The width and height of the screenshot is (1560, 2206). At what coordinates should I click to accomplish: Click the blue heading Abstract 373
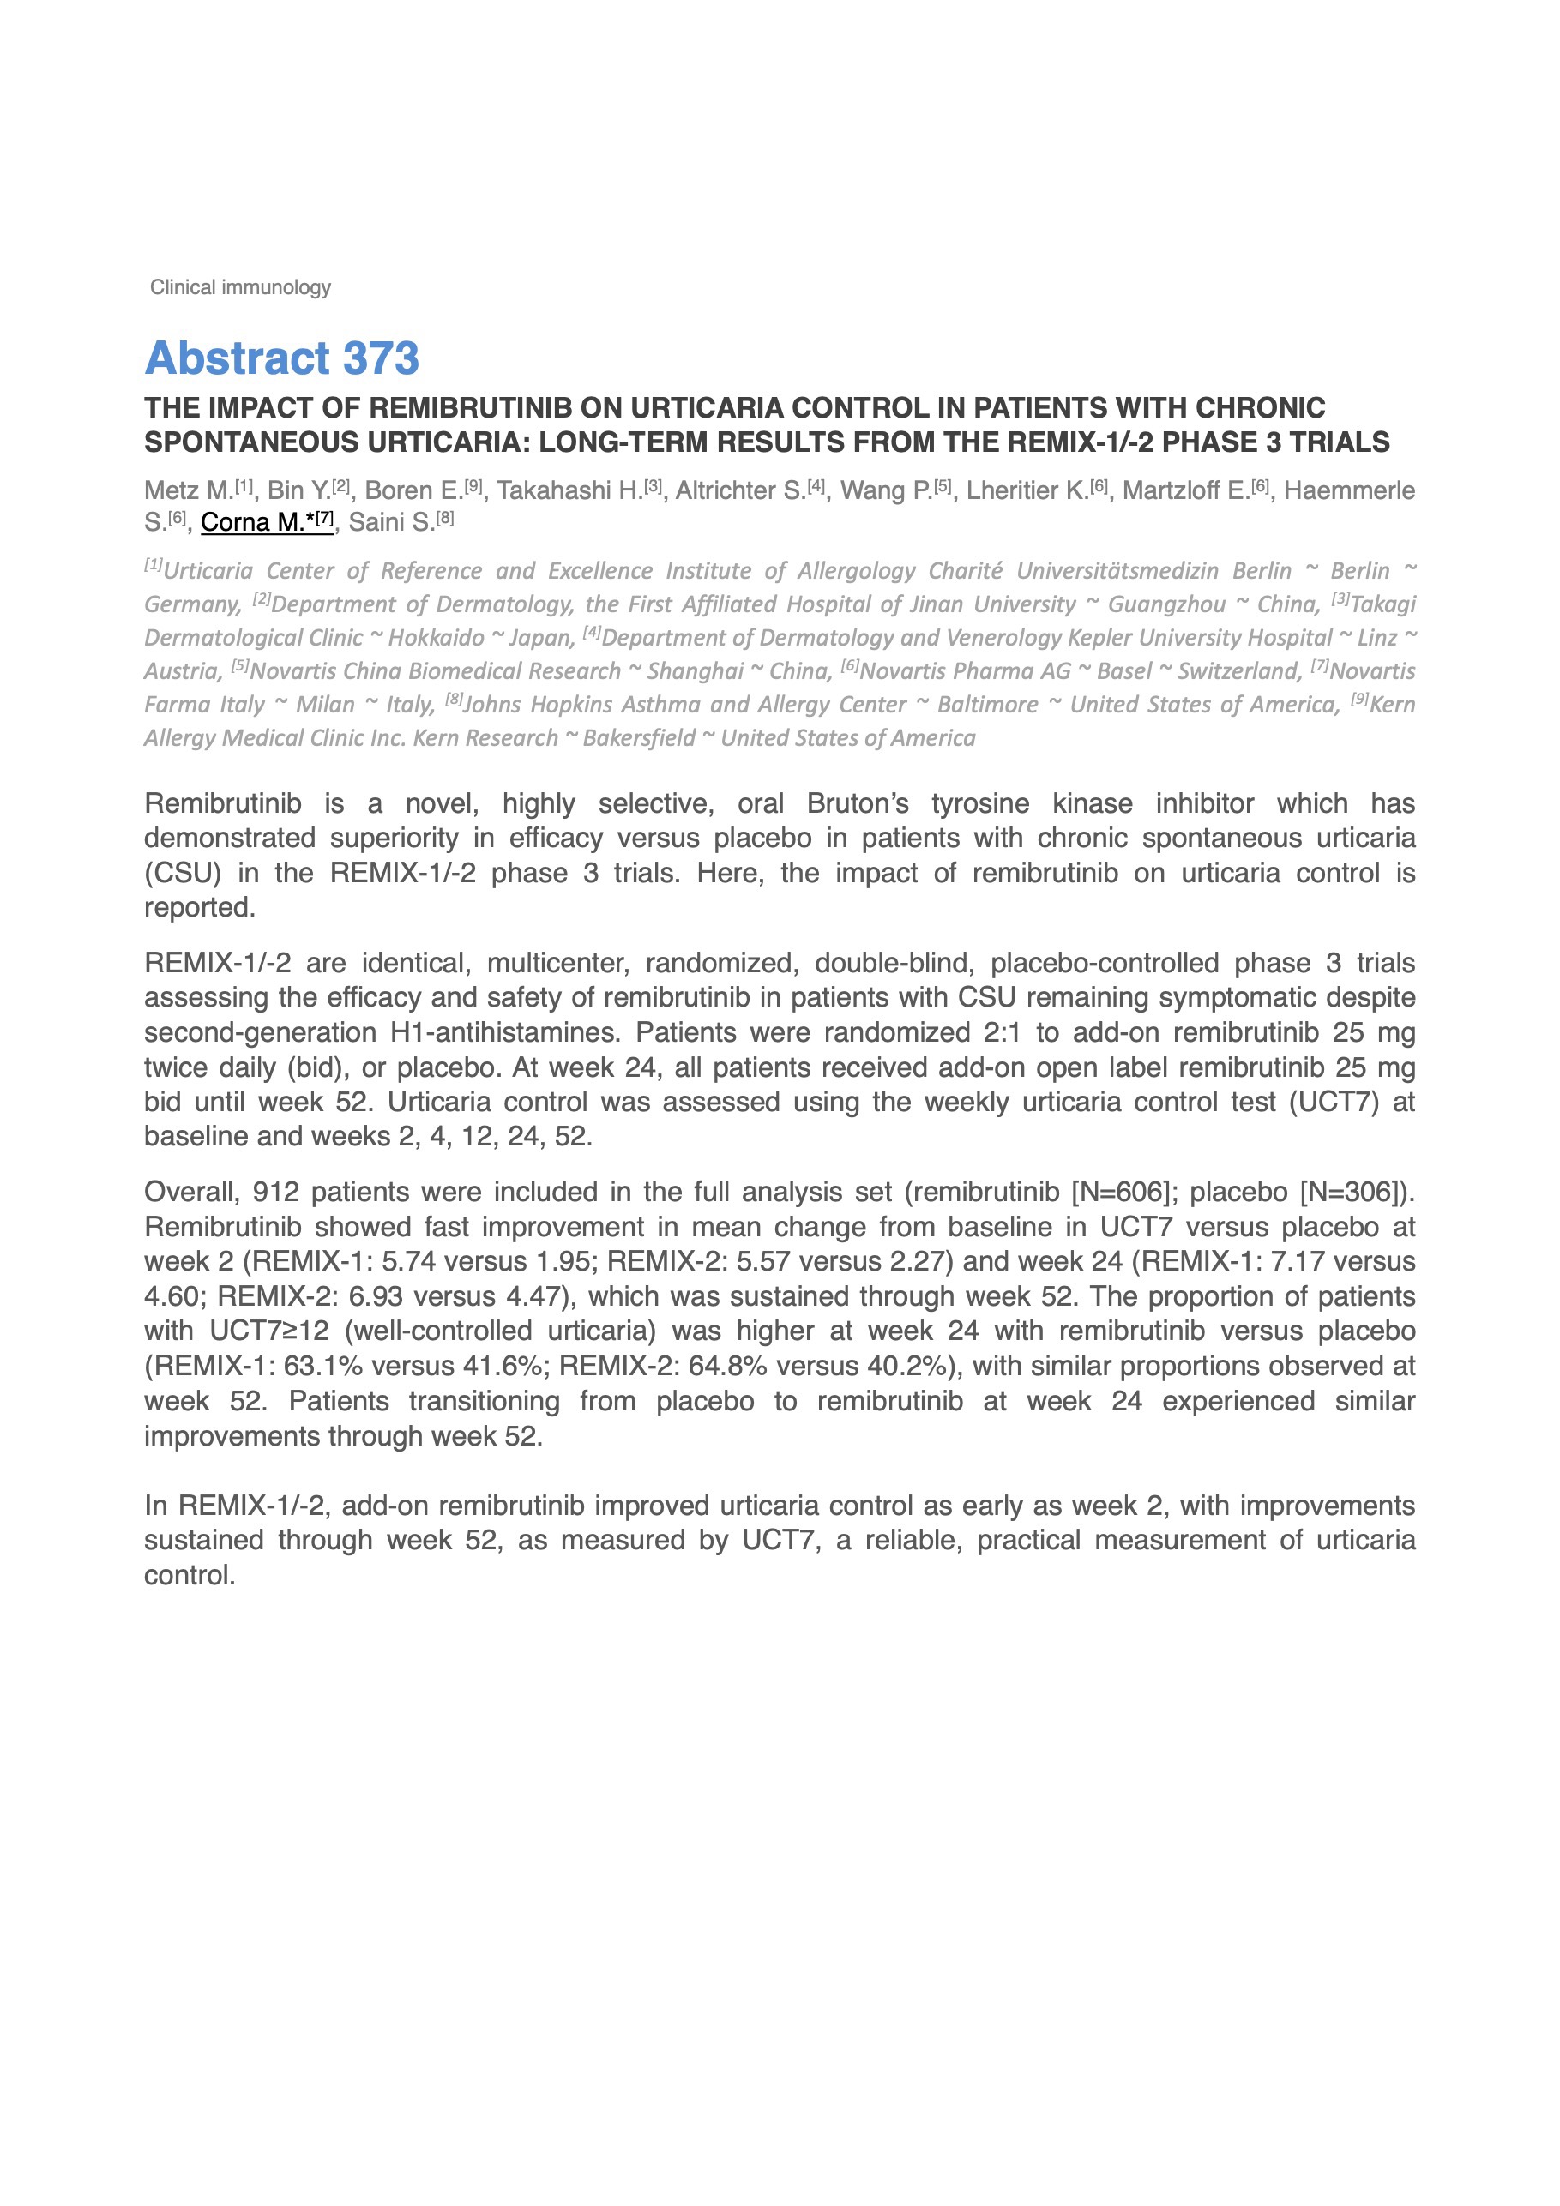pos(281,358)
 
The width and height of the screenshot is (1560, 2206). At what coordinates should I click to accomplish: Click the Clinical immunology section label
pos(240,287)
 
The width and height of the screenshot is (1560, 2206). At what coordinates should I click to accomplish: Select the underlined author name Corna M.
pos(252,522)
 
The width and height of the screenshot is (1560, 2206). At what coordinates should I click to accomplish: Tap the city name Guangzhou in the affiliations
pos(1167,604)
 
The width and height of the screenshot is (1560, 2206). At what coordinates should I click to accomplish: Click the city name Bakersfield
pos(638,738)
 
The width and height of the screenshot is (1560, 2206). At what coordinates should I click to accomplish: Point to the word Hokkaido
pos(437,638)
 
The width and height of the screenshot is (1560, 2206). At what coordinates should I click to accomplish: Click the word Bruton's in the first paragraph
pos(858,803)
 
